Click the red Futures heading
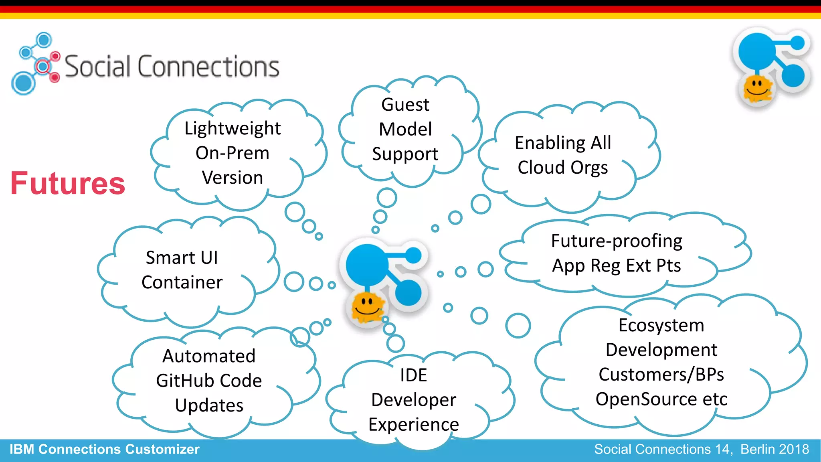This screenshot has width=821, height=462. coord(68,183)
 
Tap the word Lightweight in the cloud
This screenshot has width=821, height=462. coord(233,128)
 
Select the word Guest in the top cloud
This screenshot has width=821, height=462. coord(405,105)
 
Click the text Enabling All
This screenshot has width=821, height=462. coord(563,143)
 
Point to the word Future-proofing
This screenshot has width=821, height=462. coord(617,241)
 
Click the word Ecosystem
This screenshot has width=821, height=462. coord(661,325)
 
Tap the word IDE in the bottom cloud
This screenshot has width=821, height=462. coord(413,375)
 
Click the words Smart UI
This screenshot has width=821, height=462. coord(182,257)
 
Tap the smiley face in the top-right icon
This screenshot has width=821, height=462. coord(757,88)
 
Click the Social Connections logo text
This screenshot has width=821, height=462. coord(172,67)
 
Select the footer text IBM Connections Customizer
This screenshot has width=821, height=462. coord(104,449)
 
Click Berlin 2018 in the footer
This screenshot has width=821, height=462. coord(774,449)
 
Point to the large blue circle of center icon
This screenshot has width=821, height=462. coord(366,265)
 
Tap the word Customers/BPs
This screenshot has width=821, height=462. coord(661,375)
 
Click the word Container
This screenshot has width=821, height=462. coord(182,282)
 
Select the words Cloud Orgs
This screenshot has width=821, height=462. coord(562,167)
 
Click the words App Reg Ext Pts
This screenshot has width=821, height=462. coord(617,265)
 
